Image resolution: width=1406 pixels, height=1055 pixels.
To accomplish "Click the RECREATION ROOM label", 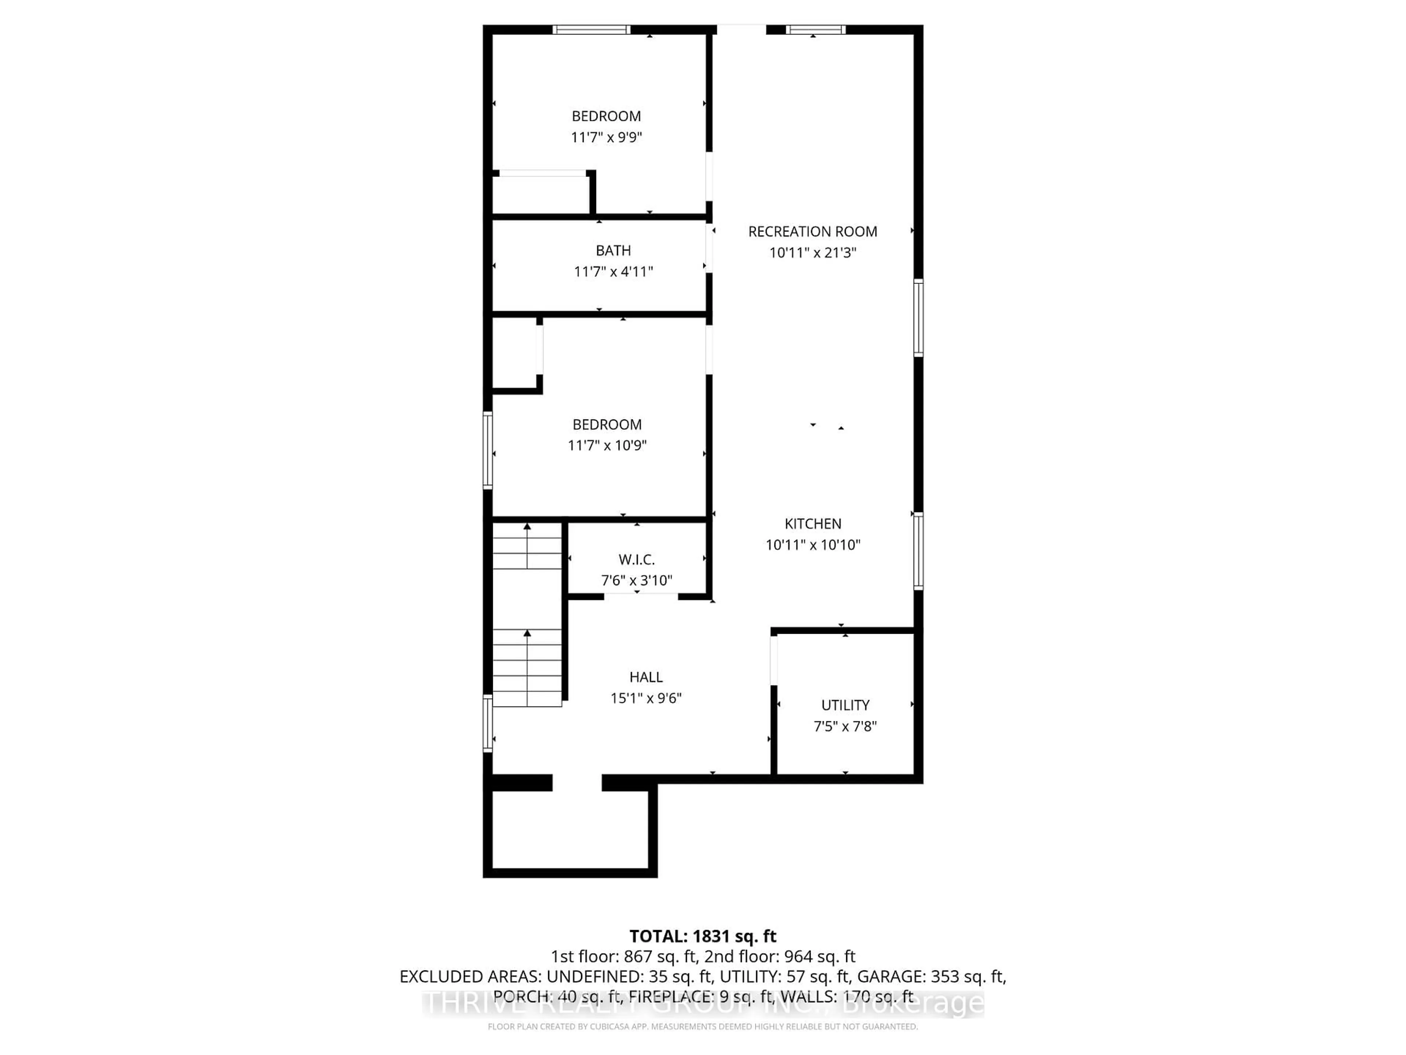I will click(812, 232).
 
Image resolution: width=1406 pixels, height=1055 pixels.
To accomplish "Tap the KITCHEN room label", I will click(812, 523).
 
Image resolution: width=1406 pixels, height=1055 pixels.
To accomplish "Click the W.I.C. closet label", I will click(636, 560).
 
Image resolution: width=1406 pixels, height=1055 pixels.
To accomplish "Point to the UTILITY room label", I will click(845, 705).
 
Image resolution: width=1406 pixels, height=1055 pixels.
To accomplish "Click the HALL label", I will click(646, 677).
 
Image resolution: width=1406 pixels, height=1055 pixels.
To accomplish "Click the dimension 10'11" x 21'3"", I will click(812, 252).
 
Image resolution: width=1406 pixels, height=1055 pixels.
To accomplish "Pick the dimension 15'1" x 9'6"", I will click(646, 698).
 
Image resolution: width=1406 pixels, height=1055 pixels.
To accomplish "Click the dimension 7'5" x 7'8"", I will click(845, 726).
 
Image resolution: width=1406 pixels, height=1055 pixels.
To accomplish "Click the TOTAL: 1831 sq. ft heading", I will click(702, 936).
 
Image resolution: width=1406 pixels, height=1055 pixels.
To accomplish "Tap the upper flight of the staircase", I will click(527, 547).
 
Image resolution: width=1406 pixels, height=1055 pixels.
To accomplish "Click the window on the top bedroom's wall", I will click(591, 29).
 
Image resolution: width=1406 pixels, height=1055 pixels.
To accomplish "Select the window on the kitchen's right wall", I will click(918, 551).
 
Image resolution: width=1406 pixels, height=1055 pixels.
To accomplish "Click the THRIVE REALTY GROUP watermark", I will click(702, 1003).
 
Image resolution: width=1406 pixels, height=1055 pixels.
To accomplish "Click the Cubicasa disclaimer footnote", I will click(702, 1026).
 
